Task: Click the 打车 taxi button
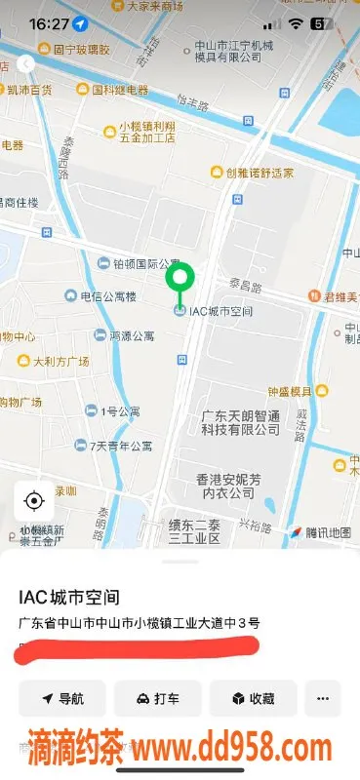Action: tap(157, 699)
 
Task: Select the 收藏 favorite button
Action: tap(253, 699)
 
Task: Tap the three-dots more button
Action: tap(323, 699)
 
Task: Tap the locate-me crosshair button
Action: tap(34, 501)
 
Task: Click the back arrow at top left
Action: tap(25, 63)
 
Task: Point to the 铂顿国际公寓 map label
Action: tap(139, 263)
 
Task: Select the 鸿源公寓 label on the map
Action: tap(124, 335)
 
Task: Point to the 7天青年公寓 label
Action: tap(121, 447)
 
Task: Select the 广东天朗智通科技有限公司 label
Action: tap(241, 422)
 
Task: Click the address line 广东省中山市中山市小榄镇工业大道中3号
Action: tap(139, 622)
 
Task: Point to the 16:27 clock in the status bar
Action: tap(49, 22)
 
